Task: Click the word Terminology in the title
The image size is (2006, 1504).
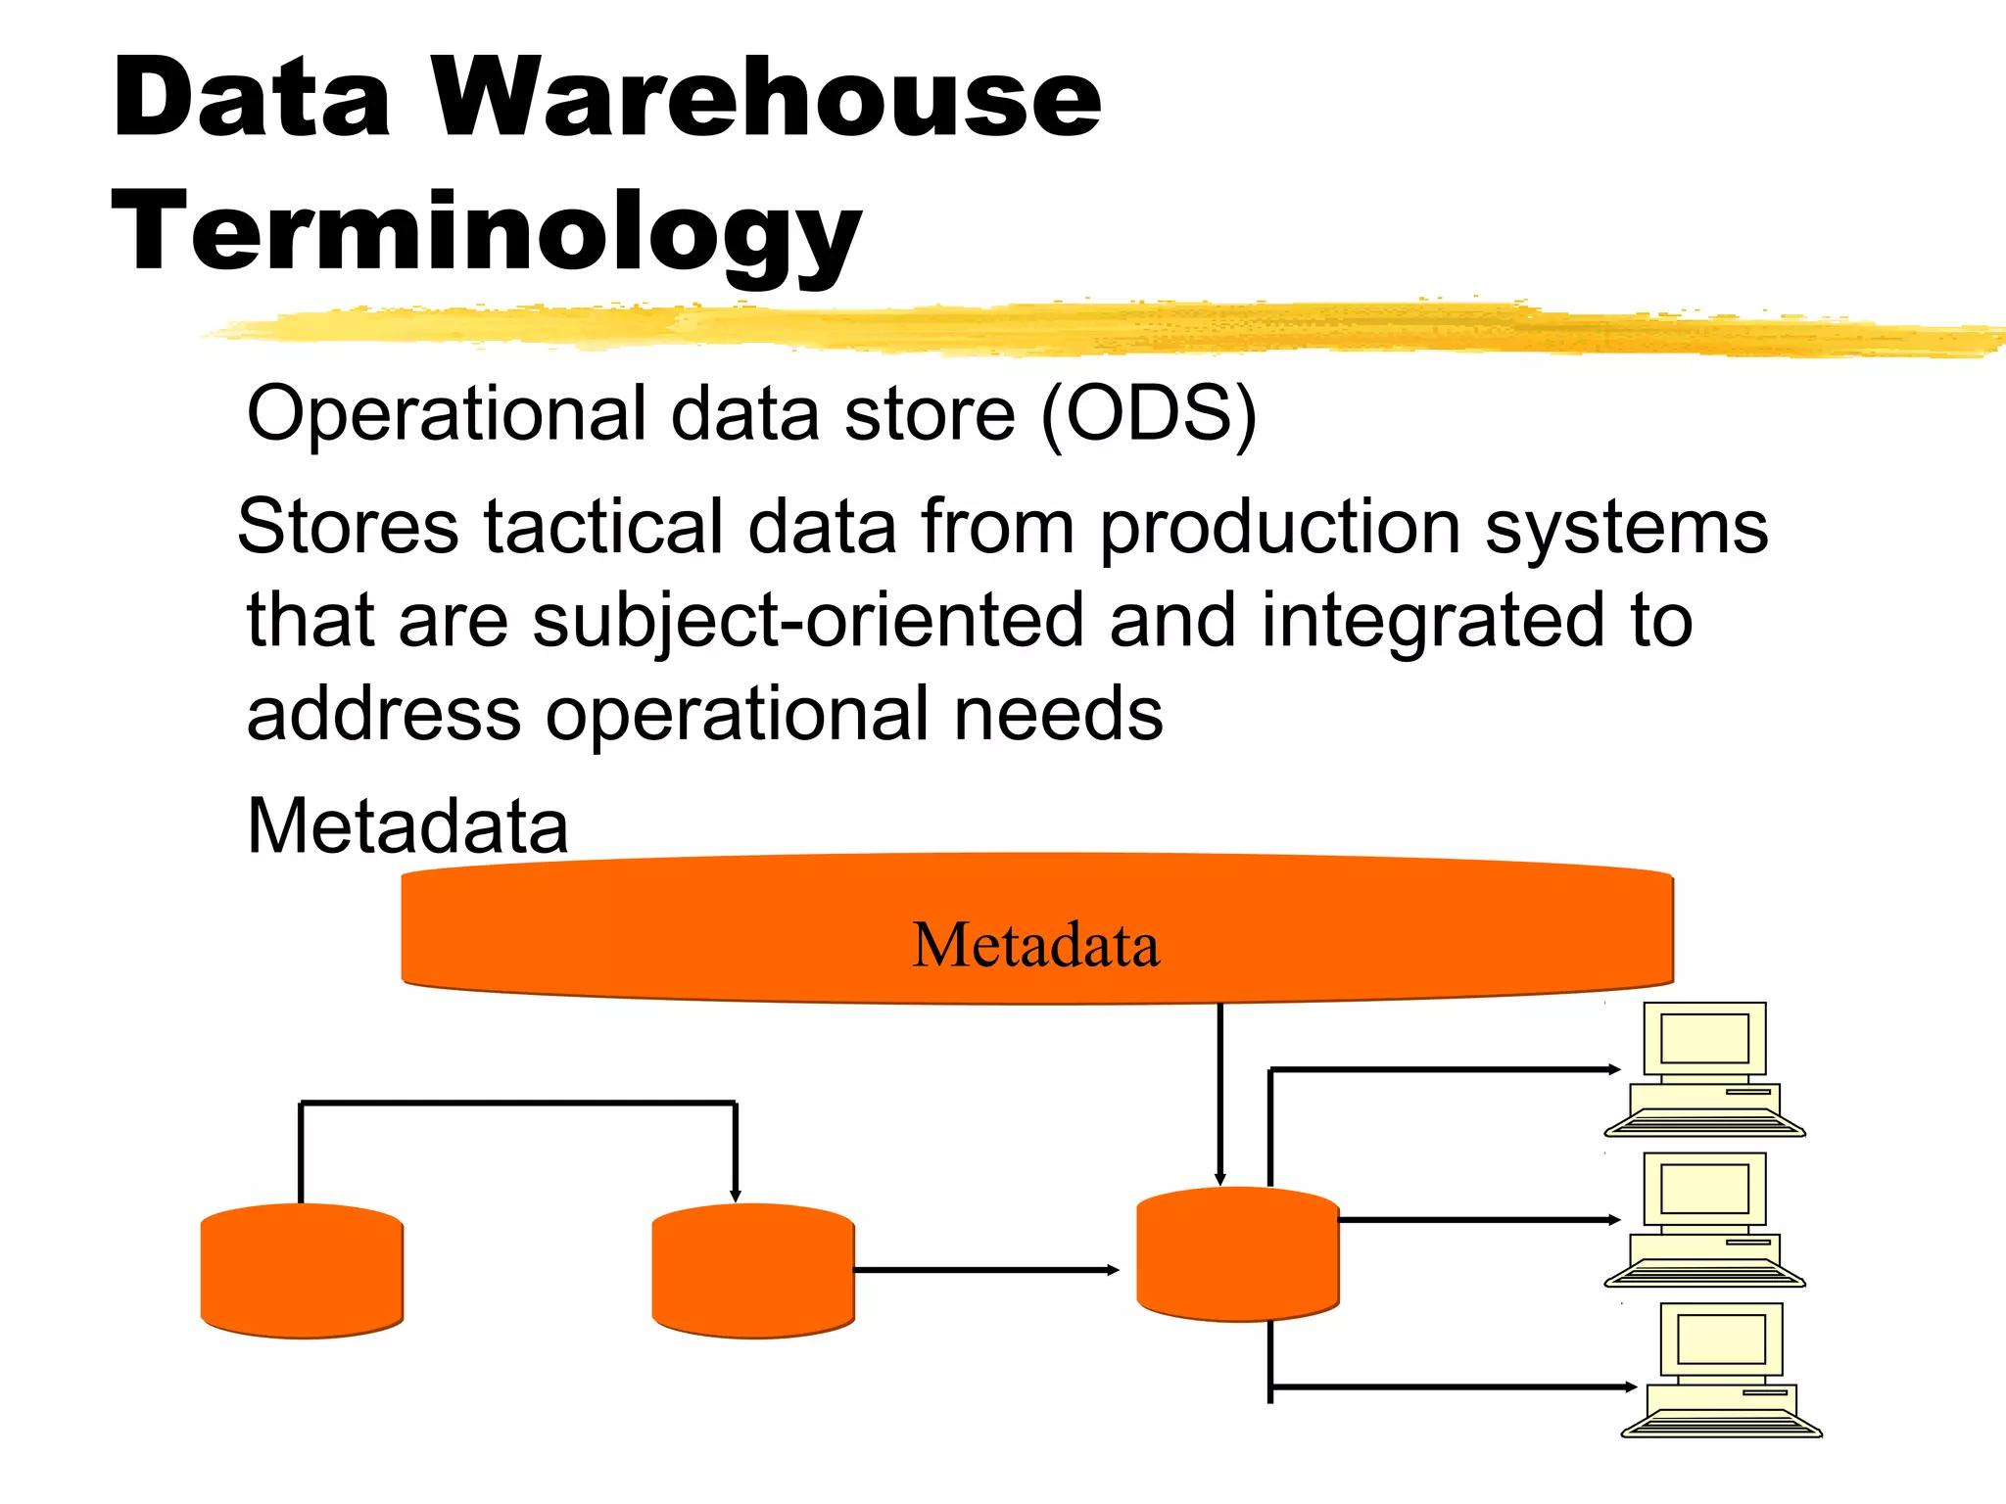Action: (487, 233)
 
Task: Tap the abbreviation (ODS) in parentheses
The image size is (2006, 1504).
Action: (1147, 414)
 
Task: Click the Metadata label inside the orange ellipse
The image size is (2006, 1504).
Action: (1035, 945)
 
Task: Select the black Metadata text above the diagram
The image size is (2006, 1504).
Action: (407, 825)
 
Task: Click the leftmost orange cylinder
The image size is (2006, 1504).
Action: (302, 1271)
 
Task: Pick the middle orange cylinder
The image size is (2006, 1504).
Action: (752, 1271)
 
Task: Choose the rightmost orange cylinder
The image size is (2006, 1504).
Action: (1237, 1254)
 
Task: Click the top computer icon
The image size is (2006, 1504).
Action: (1704, 1069)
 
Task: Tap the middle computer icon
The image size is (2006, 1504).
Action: (1704, 1220)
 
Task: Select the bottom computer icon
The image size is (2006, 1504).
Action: (1721, 1371)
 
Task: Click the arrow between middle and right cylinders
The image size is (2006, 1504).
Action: (985, 1270)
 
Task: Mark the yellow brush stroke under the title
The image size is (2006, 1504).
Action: (1097, 328)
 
